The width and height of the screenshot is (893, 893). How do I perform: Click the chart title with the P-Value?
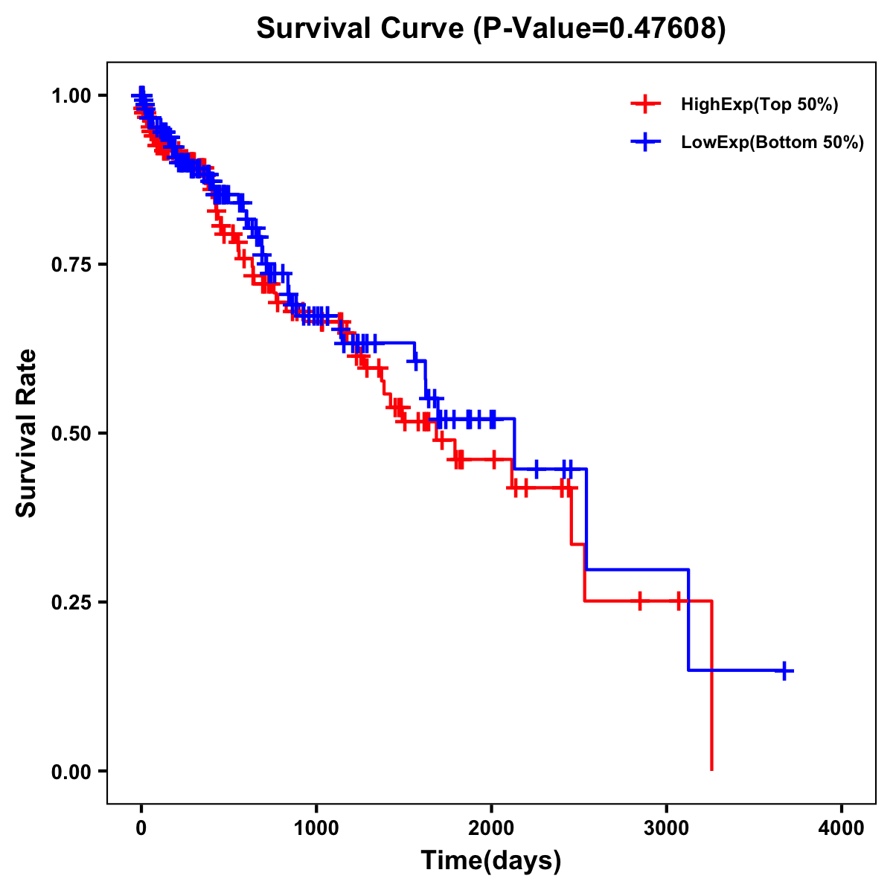click(x=491, y=29)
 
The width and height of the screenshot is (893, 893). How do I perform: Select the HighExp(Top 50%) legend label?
click(x=759, y=105)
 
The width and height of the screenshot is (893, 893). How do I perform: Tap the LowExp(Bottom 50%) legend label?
click(x=772, y=142)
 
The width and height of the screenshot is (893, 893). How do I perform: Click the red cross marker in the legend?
click(x=645, y=105)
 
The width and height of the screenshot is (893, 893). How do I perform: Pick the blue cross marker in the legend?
click(x=645, y=142)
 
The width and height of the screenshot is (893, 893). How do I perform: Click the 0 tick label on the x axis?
click(x=141, y=828)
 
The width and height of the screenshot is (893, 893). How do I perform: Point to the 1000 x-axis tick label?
click(x=316, y=828)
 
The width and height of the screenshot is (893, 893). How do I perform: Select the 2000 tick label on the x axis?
click(x=491, y=828)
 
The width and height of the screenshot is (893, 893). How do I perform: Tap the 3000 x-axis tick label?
click(x=667, y=828)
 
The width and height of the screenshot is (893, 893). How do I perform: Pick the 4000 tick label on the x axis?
click(x=842, y=828)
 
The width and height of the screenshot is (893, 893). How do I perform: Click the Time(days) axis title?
click(x=491, y=861)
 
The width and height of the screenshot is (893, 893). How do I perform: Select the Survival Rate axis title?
click(x=28, y=433)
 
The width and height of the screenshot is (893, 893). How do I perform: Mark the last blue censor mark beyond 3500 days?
click(x=784, y=670)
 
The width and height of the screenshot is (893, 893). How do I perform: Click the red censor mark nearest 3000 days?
click(x=678, y=601)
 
